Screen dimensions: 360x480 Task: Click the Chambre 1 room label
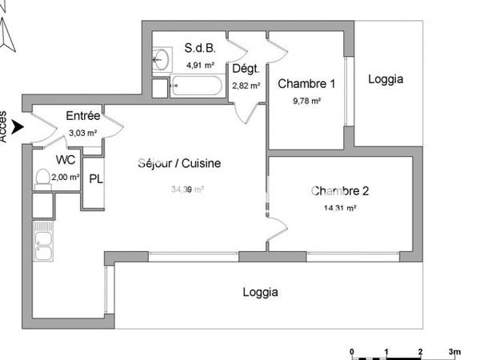point(306,84)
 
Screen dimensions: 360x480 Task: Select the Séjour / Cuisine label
point(179,164)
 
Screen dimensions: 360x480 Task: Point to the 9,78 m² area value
point(306,101)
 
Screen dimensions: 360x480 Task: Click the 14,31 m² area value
point(340,207)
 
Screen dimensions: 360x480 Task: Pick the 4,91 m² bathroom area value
point(200,65)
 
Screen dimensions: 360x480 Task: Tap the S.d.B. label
point(199,48)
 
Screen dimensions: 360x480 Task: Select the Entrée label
point(82,116)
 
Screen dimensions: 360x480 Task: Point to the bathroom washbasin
point(161,58)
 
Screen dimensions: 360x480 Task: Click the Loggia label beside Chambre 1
point(386,79)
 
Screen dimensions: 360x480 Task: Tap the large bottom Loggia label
point(261,292)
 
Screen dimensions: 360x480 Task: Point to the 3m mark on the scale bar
point(454,351)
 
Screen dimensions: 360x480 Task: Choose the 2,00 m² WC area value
point(66,177)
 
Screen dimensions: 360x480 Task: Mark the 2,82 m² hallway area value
point(246,86)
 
